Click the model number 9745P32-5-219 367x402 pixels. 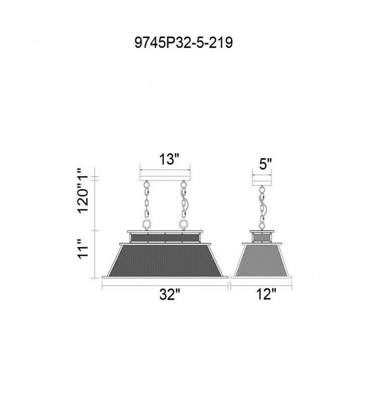click(x=183, y=43)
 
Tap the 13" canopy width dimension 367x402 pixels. click(x=169, y=159)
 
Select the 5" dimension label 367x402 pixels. click(x=265, y=164)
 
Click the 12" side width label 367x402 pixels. click(x=266, y=294)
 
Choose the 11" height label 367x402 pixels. click(x=83, y=249)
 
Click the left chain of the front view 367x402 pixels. click(x=147, y=199)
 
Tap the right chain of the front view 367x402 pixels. click(x=184, y=199)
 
